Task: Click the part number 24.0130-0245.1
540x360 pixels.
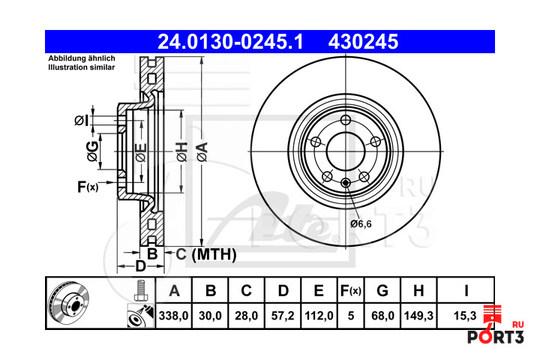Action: tap(230, 42)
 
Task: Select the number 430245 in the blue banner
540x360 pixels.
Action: tap(363, 42)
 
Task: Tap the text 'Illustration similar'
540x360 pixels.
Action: tap(81, 67)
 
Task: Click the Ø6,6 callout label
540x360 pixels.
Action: tap(361, 224)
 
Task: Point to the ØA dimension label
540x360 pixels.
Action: tap(202, 151)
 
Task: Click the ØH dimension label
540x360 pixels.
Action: tap(181, 151)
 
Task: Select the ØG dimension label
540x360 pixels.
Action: tap(93, 151)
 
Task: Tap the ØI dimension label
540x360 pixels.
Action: tap(82, 120)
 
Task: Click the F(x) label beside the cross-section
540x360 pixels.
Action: tap(88, 187)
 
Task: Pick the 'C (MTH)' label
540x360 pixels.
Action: tap(206, 254)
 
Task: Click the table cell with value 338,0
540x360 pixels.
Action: tap(173, 316)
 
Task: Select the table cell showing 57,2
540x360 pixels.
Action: tap(283, 316)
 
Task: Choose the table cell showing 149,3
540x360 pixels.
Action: tap(418, 316)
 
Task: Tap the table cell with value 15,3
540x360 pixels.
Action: tap(465, 316)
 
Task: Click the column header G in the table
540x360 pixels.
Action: tap(382, 291)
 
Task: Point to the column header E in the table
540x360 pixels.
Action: tap(319, 291)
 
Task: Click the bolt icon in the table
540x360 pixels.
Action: tap(139, 290)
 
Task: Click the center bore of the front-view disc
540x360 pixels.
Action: tap(346, 151)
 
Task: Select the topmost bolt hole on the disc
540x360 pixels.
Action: tap(346, 120)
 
